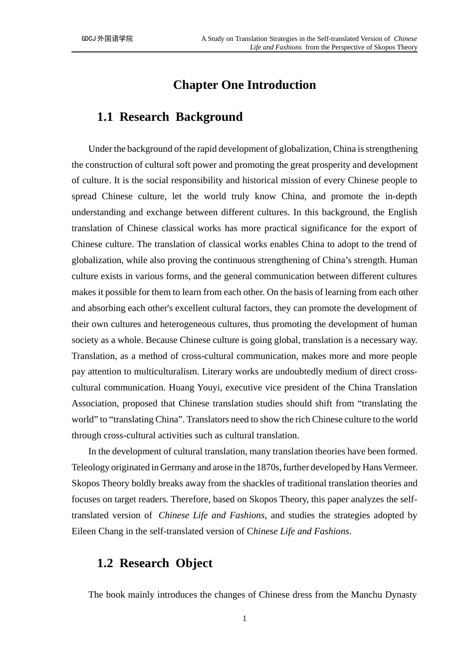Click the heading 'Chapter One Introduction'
[x=244, y=85]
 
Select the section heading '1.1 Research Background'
[x=170, y=117]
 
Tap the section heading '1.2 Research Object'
[x=155, y=563]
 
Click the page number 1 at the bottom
[x=244, y=619]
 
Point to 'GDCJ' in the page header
[x=88, y=38]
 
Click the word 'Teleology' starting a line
[x=90, y=467]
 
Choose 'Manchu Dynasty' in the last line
[x=384, y=595]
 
